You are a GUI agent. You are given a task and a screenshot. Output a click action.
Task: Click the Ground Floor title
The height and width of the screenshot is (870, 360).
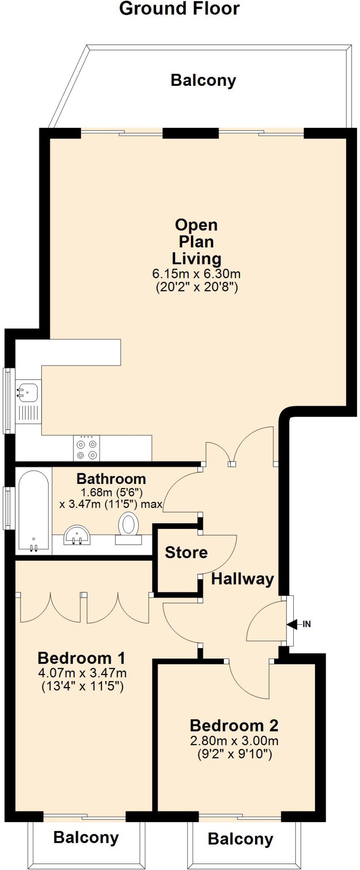(179, 8)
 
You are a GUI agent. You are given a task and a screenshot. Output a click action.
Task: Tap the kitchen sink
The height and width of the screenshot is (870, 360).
(27, 391)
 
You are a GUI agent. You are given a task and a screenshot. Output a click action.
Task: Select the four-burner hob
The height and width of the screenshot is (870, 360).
(86, 448)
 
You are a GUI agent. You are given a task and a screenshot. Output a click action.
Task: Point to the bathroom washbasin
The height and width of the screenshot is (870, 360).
(77, 535)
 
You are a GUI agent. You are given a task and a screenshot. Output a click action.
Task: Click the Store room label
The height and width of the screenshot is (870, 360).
(186, 552)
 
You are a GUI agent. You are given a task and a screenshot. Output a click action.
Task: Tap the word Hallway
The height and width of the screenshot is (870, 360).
(243, 579)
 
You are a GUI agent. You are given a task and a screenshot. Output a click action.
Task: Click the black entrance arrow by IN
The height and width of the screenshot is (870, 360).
(292, 624)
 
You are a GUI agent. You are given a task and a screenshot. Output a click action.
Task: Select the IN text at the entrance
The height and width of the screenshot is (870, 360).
(307, 624)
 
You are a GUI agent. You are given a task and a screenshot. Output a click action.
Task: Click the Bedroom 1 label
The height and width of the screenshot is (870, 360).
(82, 658)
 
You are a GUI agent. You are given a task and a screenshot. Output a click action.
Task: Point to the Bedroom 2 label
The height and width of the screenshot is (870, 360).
(234, 726)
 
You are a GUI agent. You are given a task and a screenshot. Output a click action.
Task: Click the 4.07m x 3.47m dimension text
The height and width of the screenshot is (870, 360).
(82, 673)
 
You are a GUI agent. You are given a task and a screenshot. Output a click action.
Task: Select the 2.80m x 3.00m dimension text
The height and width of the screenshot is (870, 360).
(234, 741)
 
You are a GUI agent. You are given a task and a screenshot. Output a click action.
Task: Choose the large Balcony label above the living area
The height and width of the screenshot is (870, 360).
(203, 80)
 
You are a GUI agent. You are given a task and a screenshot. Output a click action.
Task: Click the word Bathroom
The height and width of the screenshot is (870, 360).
(111, 479)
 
